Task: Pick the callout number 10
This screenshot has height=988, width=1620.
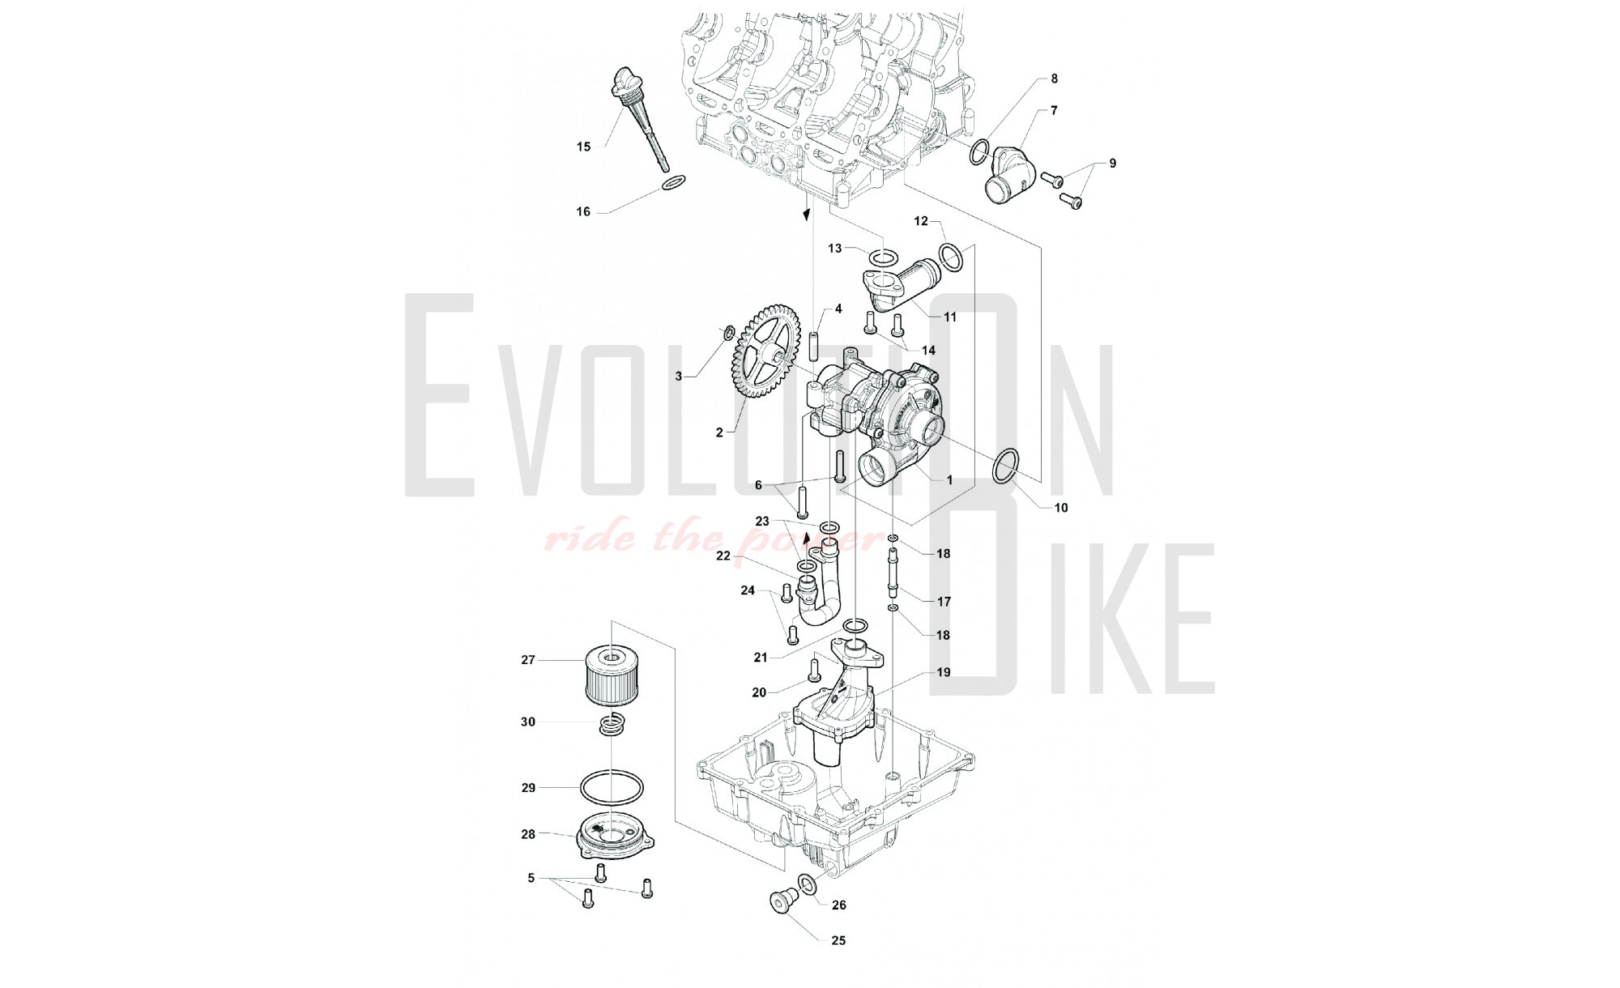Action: tap(1061, 508)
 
